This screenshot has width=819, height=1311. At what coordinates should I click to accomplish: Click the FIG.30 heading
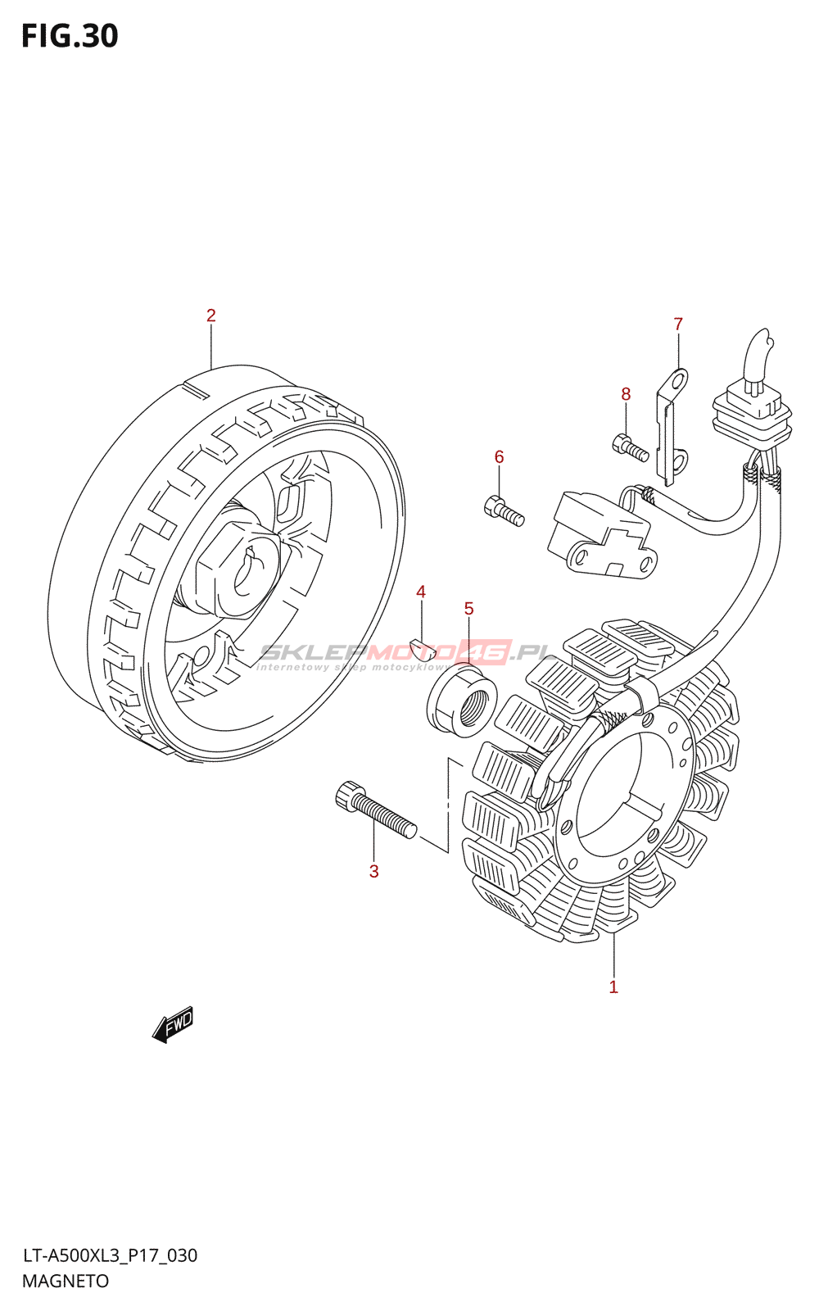70,36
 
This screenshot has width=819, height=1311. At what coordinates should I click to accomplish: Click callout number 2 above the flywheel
210,315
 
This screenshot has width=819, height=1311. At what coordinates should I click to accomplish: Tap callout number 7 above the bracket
678,324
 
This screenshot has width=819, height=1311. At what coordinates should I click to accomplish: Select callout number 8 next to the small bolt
626,394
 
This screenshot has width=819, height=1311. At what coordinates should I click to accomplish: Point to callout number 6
499,457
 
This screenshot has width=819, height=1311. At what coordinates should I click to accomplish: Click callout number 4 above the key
420,592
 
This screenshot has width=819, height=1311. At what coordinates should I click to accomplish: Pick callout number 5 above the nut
468,608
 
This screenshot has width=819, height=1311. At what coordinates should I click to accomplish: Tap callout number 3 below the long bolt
373,871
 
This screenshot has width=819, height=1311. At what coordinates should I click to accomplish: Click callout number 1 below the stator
613,987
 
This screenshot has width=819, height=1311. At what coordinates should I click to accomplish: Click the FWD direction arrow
173,1024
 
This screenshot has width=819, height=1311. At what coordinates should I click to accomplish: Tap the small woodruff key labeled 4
422,650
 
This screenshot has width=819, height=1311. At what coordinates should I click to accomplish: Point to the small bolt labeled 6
504,511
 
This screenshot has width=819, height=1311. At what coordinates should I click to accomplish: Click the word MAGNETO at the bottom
66,1282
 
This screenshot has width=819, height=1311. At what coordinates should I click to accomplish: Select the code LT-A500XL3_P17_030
110,1255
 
